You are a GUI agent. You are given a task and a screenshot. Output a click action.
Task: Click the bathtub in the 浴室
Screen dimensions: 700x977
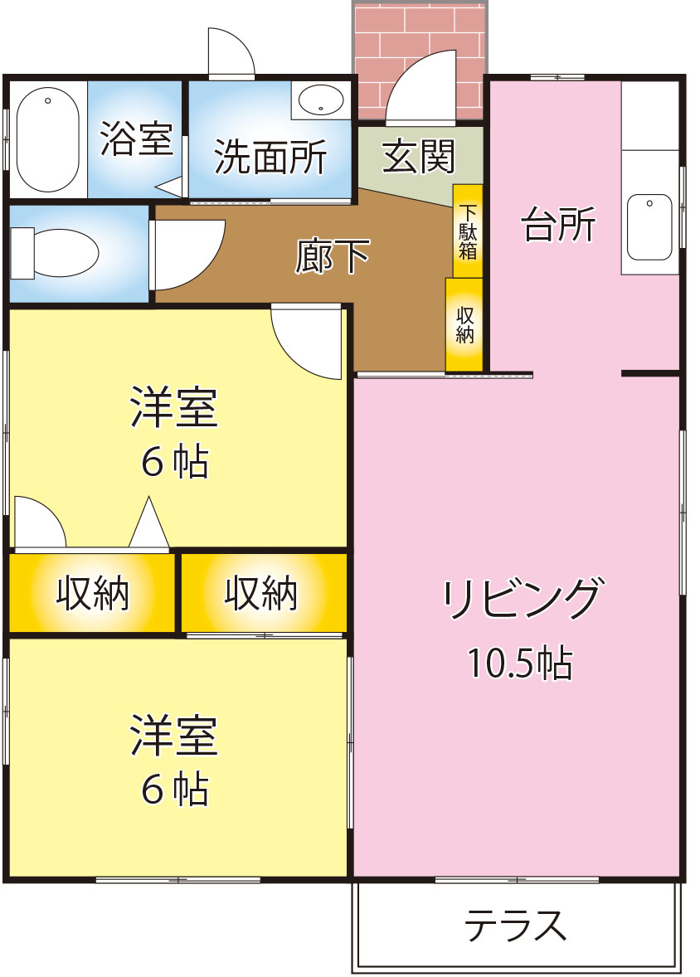[x=47, y=139]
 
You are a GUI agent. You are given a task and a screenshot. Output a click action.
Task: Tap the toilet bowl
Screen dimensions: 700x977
[x=56, y=253]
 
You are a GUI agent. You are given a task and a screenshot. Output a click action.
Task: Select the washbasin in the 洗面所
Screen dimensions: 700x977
[x=321, y=99]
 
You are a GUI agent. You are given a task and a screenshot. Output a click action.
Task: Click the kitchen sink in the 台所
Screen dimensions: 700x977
[x=649, y=226]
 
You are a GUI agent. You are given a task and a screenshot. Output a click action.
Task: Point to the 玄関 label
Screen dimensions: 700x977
[x=419, y=156]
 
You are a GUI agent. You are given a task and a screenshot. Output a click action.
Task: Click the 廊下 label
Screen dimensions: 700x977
[x=333, y=256]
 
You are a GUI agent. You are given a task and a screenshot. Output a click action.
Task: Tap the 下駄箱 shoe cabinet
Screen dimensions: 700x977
[x=468, y=231]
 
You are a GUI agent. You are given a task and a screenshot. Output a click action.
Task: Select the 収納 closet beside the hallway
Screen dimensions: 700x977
[x=464, y=324]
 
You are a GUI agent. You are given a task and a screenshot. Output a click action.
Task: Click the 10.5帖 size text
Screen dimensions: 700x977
[x=520, y=663]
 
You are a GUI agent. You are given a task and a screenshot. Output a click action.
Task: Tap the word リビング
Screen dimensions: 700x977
[x=523, y=597]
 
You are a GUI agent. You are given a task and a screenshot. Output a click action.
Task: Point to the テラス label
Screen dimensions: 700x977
[x=516, y=926]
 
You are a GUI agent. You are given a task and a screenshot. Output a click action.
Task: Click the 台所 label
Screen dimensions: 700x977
[x=558, y=224]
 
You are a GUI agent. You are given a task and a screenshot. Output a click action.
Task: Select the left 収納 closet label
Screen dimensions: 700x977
[x=92, y=593]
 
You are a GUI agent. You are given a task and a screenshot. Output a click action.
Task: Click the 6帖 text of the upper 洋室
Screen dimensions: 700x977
[x=174, y=462]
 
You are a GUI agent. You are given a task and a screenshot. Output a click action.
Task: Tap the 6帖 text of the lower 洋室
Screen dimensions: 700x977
[x=174, y=789]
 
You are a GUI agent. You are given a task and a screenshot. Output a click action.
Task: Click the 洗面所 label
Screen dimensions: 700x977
[x=270, y=157]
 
